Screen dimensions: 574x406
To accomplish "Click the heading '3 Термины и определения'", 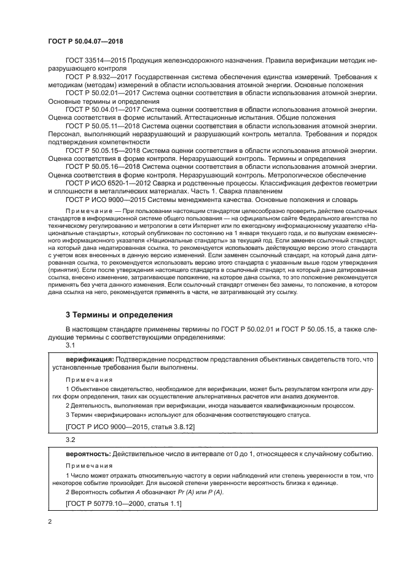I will point(120,315).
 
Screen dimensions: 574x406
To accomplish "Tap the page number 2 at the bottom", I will point(49,522).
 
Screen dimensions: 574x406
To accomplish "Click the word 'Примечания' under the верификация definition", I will point(85,379).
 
